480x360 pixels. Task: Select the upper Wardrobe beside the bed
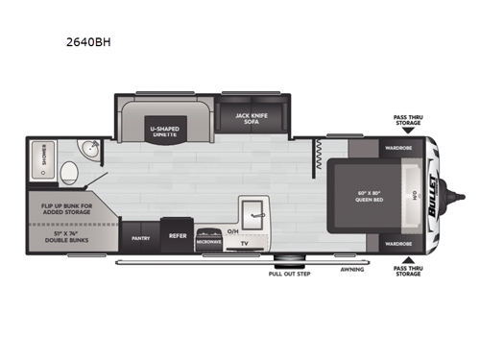[398, 149]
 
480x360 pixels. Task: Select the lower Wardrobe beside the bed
[398, 243]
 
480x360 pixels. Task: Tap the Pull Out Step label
[289, 274]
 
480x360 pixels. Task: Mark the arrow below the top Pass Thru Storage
[408, 133]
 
